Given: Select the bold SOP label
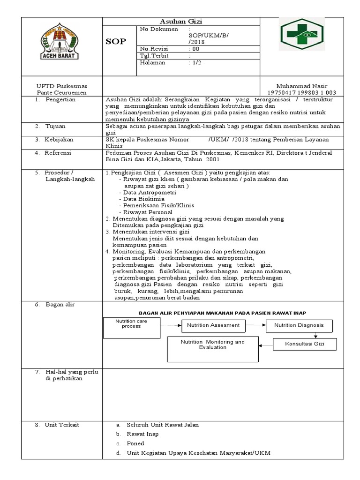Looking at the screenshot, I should click(115, 42).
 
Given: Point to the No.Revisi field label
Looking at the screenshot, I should click(154, 49).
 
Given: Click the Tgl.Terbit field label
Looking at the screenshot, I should click(154, 56).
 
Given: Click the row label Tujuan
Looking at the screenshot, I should click(55, 127).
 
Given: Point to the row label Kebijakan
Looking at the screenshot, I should click(59, 140).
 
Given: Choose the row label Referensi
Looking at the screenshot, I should click(59, 153).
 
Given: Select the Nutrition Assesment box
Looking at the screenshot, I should click(213, 325).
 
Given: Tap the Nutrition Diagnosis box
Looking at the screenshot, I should click(299, 325).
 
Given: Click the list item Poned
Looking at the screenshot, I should click(135, 443).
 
